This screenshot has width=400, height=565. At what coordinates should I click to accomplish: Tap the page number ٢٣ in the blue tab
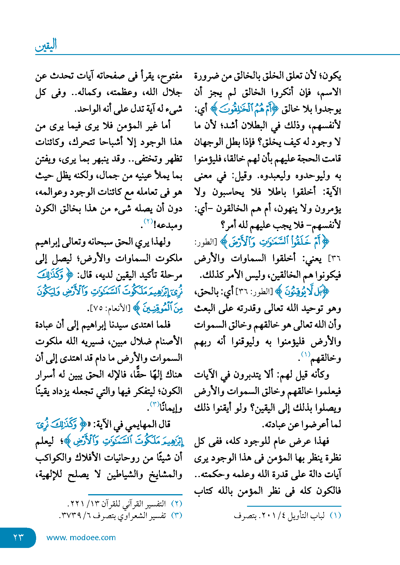[18, 537]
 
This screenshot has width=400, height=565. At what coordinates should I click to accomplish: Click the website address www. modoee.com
[81, 537]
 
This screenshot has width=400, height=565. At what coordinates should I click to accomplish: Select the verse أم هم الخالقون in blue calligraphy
[244, 109]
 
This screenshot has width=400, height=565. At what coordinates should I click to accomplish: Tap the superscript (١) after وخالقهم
[305, 355]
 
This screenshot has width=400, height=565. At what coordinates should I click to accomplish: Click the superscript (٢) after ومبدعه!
[148, 222]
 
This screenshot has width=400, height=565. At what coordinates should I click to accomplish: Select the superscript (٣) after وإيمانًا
[154, 404]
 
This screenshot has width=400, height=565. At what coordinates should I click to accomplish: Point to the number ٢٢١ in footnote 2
[75, 504]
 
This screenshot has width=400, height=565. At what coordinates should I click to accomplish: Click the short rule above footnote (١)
[294, 506]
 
